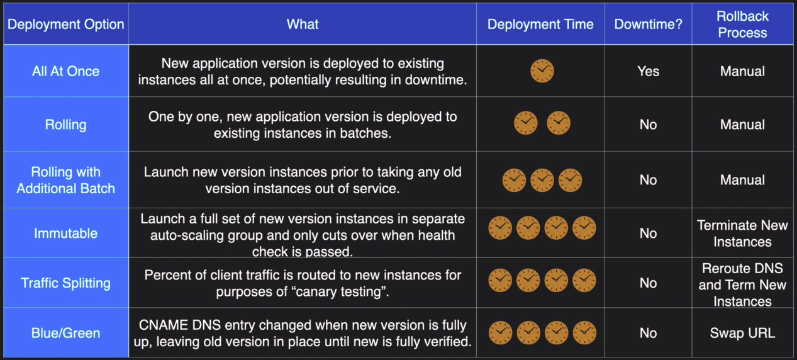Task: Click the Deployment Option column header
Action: coord(66,24)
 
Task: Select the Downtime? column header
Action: coord(649,24)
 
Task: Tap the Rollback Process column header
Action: coord(742,24)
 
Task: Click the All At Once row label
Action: coord(66,71)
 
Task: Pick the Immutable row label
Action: coord(66,233)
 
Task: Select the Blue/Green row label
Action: coord(66,333)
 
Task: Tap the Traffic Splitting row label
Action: coord(66,283)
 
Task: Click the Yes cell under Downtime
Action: coord(649,71)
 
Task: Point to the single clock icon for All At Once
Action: coord(542,71)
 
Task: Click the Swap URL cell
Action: coord(742,333)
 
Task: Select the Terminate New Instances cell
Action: coord(742,233)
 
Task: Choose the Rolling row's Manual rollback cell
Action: coord(742,125)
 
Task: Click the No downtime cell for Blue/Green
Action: coord(649,333)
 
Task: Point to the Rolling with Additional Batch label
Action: coord(66,180)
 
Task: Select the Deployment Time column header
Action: coord(540,24)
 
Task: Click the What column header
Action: coord(303,24)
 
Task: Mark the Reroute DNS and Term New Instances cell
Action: coord(742,285)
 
